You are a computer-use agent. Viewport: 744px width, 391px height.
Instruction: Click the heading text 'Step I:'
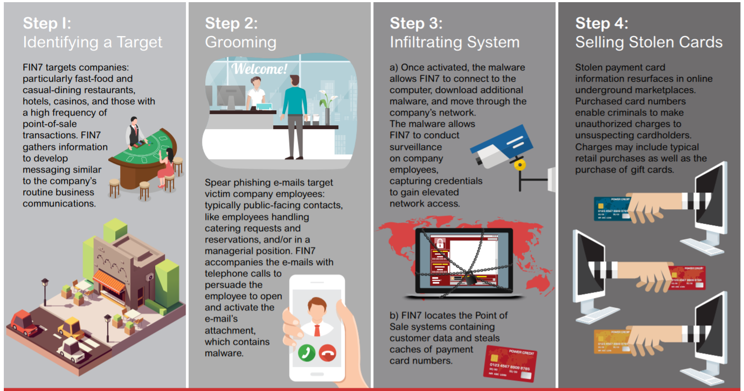47,24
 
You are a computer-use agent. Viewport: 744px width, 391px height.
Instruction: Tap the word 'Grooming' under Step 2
241,42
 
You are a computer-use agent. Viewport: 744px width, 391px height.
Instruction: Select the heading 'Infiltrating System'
455,42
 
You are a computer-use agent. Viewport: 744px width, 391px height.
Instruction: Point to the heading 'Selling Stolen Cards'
649,42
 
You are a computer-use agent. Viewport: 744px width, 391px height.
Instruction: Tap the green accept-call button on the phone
305,352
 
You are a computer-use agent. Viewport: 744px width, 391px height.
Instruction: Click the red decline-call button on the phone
327,352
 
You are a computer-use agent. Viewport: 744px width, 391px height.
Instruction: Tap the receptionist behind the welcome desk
255,93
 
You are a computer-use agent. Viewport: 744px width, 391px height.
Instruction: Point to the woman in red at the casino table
168,167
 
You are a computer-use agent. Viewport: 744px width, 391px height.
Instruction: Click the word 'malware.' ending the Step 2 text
224,353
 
